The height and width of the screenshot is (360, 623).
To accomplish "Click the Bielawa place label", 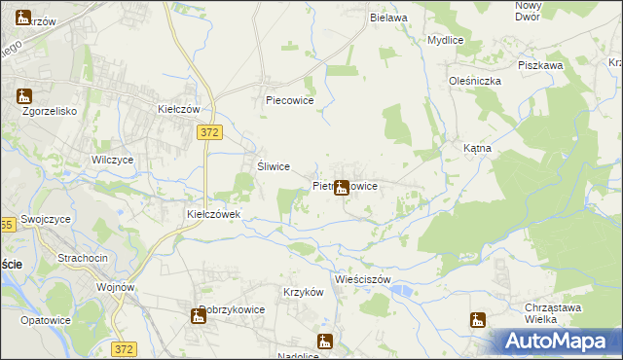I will [387, 18].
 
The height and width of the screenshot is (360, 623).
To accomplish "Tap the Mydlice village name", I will [444, 41].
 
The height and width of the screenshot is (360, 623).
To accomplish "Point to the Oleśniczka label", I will [474, 81].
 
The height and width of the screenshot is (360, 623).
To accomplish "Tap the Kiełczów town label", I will [179, 110].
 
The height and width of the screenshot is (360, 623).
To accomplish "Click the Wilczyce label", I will [112, 160].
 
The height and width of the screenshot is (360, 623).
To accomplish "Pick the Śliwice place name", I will [273, 166].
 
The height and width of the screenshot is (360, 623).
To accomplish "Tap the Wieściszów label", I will [361, 279].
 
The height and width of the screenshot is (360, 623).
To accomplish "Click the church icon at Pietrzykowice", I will [341, 188].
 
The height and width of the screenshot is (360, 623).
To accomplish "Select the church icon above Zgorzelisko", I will [24, 96].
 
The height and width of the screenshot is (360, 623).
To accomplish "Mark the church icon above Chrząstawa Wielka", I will [477, 320].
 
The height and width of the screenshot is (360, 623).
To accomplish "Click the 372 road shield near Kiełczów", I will [206, 131].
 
